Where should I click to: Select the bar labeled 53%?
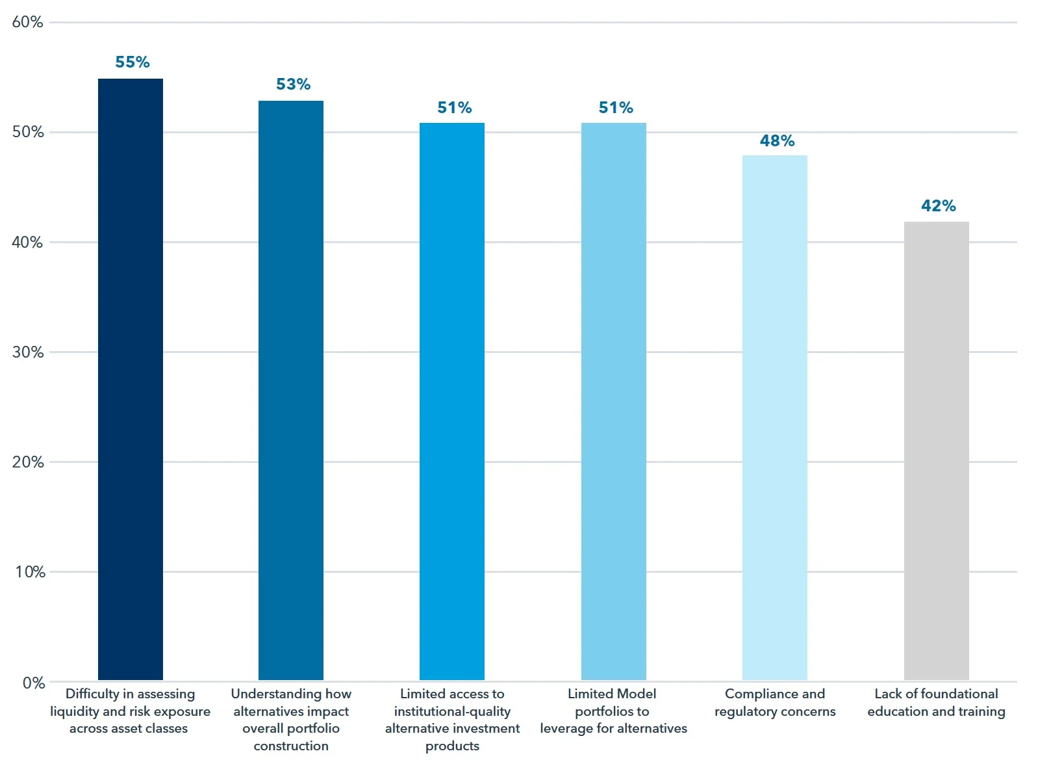click(x=290, y=390)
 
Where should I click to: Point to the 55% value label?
click(x=133, y=62)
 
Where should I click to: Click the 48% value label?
click(x=777, y=140)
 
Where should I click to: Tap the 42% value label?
click(x=938, y=205)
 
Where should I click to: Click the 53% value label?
click(x=293, y=84)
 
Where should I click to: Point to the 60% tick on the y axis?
click(x=27, y=22)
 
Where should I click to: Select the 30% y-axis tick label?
click(x=27, y=352)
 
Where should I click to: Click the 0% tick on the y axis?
click(x=33, y=683)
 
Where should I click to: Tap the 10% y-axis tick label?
click(x=30, y=571)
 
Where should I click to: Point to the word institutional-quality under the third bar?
click(x=452, y=711)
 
